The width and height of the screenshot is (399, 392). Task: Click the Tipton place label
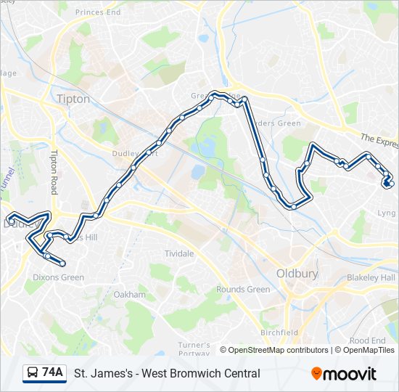click(x=73, y=99)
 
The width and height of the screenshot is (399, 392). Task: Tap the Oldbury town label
click(x=298, y=274)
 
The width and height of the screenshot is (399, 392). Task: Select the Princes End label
click(x=98, y=12)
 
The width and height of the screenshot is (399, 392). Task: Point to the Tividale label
click(x=179, y=253)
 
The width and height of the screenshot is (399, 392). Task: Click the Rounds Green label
click(x=243, y=290)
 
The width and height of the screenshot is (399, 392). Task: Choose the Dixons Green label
click(x=59, y=277)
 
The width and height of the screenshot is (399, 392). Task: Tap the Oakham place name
click(x=130, y=295)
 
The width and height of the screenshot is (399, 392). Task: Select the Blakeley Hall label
click(x=371, y=278)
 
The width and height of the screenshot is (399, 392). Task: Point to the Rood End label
click(x=367, y=340)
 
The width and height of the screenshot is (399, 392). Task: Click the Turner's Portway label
click(x=194, y=348)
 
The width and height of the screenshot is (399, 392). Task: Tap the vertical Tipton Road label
click(x=53, y=172)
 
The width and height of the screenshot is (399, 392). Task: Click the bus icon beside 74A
click(x=33, y=373)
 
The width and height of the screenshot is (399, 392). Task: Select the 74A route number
click(x=53, y=372)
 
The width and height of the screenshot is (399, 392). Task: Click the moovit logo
click(x=345, y=373)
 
